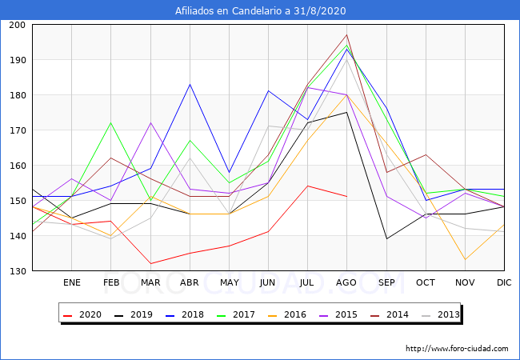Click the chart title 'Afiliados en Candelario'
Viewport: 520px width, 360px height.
260,11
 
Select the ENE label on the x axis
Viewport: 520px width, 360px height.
72,282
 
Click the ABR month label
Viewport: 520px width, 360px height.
190,282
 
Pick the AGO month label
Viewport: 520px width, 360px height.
346,282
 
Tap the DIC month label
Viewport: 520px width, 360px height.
504,282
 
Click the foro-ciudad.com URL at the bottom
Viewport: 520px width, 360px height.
457,349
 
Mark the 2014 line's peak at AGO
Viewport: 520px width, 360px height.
346,35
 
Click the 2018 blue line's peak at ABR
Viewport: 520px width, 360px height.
190,84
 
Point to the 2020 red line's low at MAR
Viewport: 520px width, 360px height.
150,263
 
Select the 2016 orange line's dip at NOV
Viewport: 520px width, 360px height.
465,259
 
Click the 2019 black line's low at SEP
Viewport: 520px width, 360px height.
386,238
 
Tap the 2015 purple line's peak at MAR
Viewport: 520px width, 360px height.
150,123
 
